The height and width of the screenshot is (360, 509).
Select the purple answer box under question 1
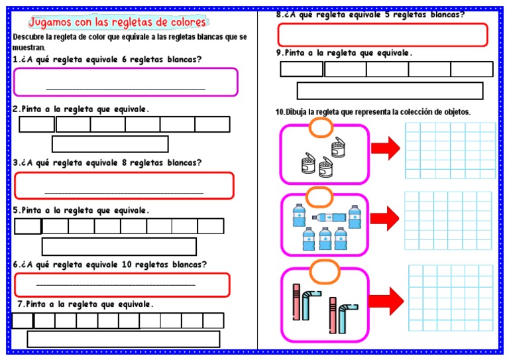pyautogui.click(x=125, y=82)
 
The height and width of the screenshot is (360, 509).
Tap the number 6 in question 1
pyautogui.click(x=125, y=59)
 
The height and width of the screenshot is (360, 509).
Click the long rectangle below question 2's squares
pyautogui.click(x=110, y=144)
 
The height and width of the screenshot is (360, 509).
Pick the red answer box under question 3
pyautogui.click(x=124, y=186)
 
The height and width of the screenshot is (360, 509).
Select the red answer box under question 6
pyautogui.click(x=122, y=284)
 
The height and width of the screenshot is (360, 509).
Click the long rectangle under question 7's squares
pyautogui.click(x=123, y=339)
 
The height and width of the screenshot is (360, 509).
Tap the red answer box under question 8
pyautogui.click(x=382, y=34)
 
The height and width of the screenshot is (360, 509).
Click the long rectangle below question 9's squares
pyautogui.click(x=389, y=91)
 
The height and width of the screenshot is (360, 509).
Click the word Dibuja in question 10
pyautogui.click(x=299, y=112)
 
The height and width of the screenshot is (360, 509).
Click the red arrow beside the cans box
pyautogui.click(x=385, y=147)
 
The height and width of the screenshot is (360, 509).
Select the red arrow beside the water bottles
pyautogui.click(x=384, y=218)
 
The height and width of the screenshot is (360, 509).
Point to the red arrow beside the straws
pyautogui.click(x=387, y=300)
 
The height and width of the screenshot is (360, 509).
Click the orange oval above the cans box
pyautogui.click(x=321, y=127)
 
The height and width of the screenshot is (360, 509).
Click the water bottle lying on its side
pyautogui.click(x=329, y=217)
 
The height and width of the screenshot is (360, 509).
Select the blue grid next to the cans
pyautogui.click(x=450, y=150)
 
